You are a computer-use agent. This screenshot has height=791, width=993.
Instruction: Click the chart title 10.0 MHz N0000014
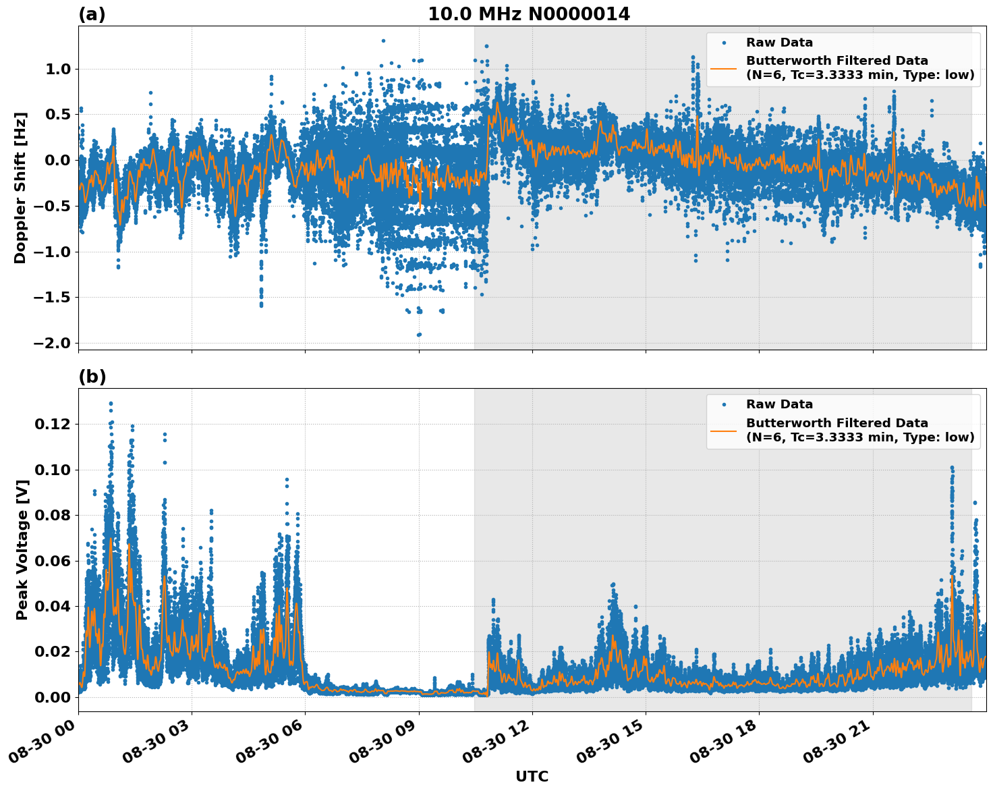[529, 14]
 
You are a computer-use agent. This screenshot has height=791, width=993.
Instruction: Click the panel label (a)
[92, 14]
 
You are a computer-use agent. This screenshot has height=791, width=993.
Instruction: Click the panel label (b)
[92, 377]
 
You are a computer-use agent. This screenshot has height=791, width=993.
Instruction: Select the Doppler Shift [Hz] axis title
[20, 188]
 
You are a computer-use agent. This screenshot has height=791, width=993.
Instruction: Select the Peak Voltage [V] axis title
[22, 549]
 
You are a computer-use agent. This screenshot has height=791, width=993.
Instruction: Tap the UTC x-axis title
[532, 776]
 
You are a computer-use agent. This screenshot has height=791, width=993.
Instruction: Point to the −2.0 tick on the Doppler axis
[51, 343]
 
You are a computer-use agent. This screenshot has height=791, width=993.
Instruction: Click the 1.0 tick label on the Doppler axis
[57, 69]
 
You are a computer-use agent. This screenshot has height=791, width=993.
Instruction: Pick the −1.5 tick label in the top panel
[51, 297]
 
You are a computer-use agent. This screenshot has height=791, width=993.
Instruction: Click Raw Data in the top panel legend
[779, 43]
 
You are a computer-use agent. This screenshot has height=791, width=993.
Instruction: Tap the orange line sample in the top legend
[723, 67]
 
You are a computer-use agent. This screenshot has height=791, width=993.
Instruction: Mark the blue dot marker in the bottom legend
[723, 404]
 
